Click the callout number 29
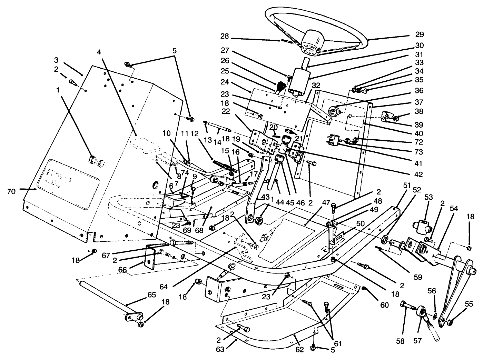420,35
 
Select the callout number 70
11,191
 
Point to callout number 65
152,295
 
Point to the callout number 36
420,91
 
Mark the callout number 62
299,350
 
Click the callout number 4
99,52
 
